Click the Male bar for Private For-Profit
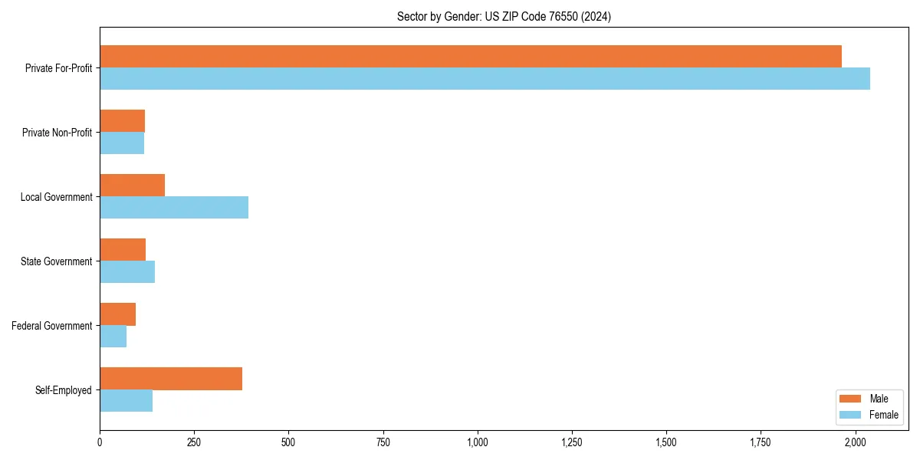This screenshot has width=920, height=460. [x=470, y=57]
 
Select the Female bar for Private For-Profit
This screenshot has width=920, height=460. [x=485, y=79]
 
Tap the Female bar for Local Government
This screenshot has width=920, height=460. [x=174, y=208]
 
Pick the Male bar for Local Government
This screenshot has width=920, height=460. [x=132, y=186]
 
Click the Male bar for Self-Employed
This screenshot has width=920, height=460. [x=171, y=379]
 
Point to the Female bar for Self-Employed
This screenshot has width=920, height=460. [x=126, y=401]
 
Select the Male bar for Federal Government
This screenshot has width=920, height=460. [x=117, y=314]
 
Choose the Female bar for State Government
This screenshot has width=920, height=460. [x=127, y=272]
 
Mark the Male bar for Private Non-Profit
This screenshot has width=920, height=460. [x=122, y=121]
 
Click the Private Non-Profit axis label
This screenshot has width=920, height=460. [x=57, y=133]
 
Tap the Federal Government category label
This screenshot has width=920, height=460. [x=52, y=326]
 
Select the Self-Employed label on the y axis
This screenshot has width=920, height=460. [x=64, y=390]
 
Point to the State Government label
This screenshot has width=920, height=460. [x=57, y=261]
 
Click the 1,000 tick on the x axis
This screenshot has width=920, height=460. [x=478, y=442]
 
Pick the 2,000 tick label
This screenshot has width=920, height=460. [x=855, y=442]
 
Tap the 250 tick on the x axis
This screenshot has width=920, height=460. [x=194, y=442]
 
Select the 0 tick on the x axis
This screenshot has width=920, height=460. [x=100, y=442]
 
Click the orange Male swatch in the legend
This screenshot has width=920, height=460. [x=851, y=399]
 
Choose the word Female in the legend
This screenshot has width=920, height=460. [x=884, y=415]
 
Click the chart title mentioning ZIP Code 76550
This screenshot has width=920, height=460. [x=504, y=16]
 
